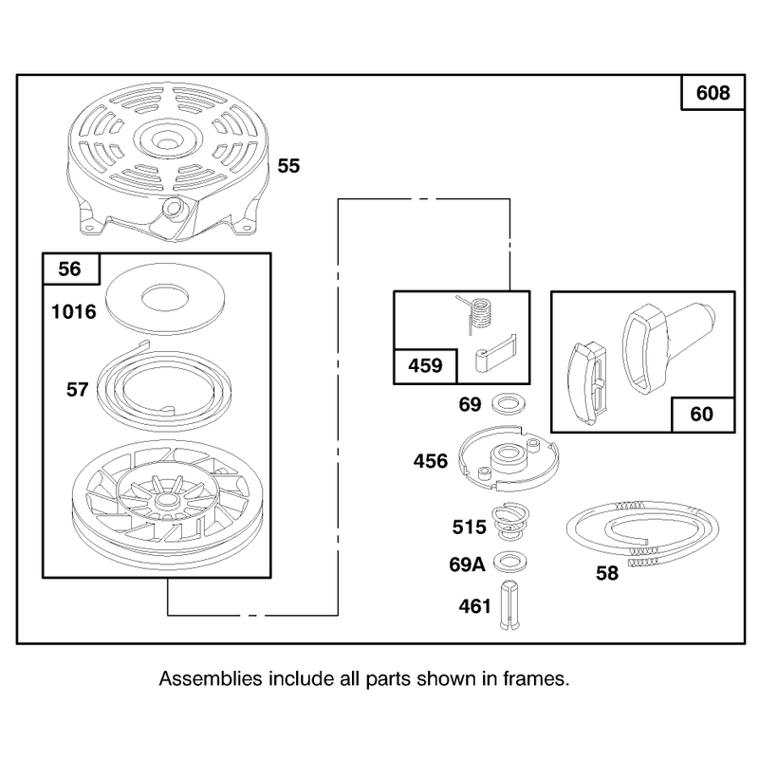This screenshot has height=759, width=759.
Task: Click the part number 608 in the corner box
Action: click(x=713, y=93)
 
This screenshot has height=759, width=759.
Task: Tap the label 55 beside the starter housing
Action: click(x=288, y=166)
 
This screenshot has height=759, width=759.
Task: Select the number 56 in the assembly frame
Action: click(x=69, y=269)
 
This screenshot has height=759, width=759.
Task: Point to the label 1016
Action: click(x=74, y=312)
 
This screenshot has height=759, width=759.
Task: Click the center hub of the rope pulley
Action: click(x=166, y=503)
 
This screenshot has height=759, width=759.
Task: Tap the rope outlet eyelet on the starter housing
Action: click(x=173, y=208)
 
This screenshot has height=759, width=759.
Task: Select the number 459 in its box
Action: click(x=425, y=365)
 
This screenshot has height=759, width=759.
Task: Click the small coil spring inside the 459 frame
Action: click(x=479, y=314)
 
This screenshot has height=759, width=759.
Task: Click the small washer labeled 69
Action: click(x=509, y=404)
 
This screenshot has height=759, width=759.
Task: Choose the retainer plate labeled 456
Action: click(x=509, y=458)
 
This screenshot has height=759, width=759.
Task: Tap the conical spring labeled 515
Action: click(x=510, y=521)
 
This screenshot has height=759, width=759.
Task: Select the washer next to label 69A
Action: click(x=510, y=563)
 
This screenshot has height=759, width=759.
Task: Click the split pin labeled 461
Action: click(x=509, y=605)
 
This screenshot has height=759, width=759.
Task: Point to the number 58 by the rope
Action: click(x=607, y=573)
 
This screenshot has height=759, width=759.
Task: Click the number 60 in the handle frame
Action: click(x=701, y=415)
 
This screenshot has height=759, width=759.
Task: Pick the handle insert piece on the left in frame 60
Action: click(x=586, y=382)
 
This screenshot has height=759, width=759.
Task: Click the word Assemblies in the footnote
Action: click(x=211, y=678)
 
